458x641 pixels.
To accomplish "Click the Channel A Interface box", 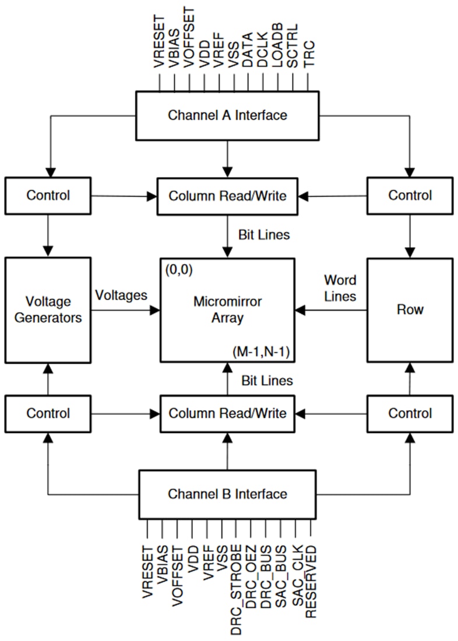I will (x=227, y=115).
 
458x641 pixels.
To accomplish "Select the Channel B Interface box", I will (x=227, y=494).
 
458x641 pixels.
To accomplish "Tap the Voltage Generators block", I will (x=48, y=309).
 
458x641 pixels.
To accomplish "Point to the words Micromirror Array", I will (x=227, y=310).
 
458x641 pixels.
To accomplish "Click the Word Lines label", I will (x=340, y=288).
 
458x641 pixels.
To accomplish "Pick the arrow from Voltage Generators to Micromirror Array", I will (x=125, y=310).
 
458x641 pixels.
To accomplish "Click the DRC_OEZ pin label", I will (x=251, y=576).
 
